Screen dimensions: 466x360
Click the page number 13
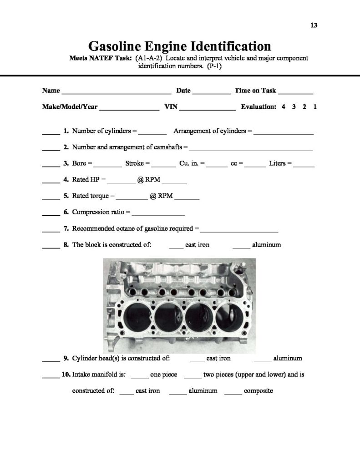point(314,25)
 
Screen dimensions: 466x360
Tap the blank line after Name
point(117,93)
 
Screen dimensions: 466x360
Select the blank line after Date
point(212,93)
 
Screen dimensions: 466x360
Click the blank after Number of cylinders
point(152,134)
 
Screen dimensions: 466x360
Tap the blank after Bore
point(108,166)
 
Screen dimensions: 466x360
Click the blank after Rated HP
point(121,182)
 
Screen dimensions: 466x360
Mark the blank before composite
point(233,394)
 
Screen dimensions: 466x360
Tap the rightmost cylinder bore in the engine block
point(230,316)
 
